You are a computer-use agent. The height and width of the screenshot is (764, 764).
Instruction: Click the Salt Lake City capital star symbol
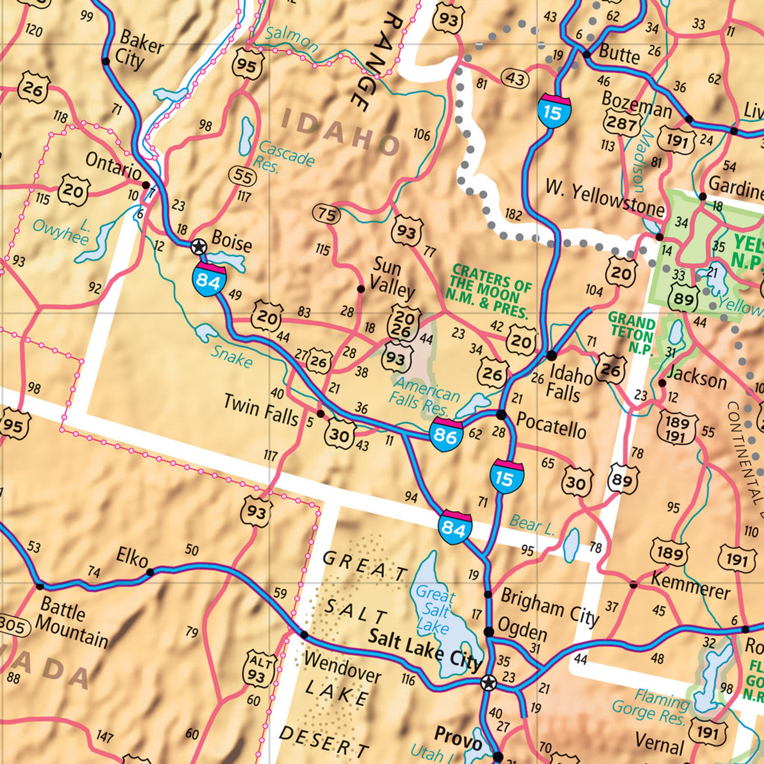488,682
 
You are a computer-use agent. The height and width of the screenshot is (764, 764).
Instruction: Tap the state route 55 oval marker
242,177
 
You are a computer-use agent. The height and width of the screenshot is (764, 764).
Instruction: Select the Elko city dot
150,572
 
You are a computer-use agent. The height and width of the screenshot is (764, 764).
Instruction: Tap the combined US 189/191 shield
677,429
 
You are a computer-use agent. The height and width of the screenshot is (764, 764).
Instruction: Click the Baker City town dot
106,61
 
